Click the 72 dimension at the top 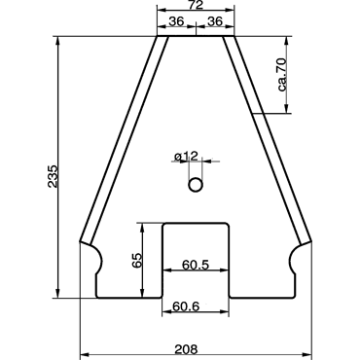(195, 4)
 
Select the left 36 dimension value (177, 21)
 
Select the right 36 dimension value (215, 21)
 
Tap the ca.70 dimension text (282, 75)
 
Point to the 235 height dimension (53, 176)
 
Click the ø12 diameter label (186, 157)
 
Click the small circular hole (196, 185)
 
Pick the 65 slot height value (137, 260)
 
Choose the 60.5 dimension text (196, 265)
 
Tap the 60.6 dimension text (186, 306)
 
